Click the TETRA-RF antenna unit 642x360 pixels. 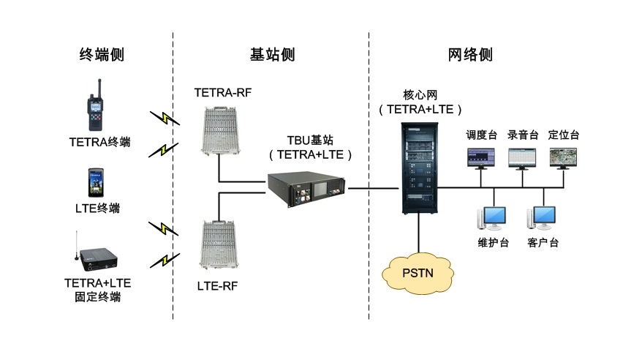[x=219, y=130]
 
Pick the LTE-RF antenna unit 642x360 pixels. [x=219, y=245]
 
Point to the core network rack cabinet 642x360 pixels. [x=419, y=168]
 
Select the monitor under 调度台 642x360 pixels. [x=481, y=157]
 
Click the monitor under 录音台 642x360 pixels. [x=522, y=157]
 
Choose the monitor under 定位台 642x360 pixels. [x=563, y=157]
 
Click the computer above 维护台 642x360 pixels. [x=491, y=218]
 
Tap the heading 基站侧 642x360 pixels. [x=272, y=55]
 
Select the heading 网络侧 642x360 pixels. [x=469, y=55]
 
